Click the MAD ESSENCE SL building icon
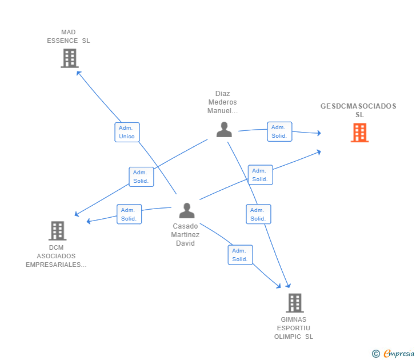70,58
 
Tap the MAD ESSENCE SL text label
69,37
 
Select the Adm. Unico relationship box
127,132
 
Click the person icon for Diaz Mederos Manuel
224,130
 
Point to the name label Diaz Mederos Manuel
223,102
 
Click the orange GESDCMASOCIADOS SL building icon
360,133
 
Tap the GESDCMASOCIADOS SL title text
358,110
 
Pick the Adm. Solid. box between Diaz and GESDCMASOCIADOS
279,131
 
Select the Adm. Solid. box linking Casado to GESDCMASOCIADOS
261,175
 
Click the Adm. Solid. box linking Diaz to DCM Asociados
141,177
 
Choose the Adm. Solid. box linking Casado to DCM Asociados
129,214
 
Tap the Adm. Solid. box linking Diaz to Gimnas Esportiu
259,214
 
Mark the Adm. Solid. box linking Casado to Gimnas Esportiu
241,255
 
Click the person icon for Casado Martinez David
187,211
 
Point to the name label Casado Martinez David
185,235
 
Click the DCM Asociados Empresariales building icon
58,231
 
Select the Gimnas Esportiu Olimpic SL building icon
295,303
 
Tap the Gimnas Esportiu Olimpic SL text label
294,328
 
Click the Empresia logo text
399,354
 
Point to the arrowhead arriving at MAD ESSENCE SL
78,73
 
